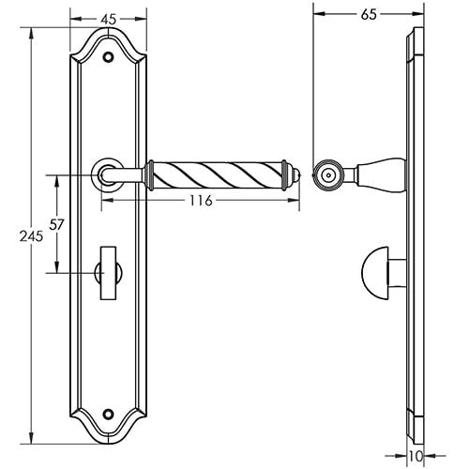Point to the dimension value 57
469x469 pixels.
[x=56, y=224]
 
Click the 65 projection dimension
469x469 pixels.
[x=369, y=15]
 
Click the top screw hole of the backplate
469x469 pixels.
[x=110, y=57]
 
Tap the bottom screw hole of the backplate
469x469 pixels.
[x=110, y=414]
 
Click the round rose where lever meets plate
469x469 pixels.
[x=106, y=173]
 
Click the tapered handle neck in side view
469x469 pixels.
[x=380, y=174]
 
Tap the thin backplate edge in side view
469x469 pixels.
[x=414, y=234]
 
